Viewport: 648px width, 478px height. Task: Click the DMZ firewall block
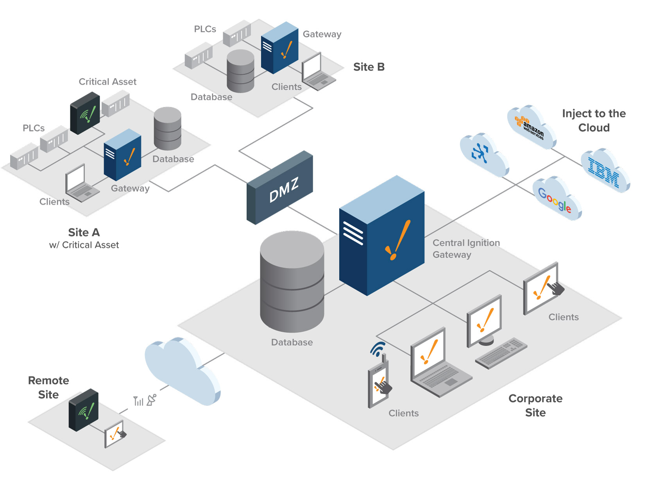280,188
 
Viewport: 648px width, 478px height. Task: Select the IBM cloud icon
604,171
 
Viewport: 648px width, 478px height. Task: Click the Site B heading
369,67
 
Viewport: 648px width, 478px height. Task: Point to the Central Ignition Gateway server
382,237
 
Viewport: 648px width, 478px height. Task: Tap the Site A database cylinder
168,128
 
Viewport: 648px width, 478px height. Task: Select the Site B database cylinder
240,71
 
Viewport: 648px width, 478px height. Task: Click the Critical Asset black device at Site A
85,113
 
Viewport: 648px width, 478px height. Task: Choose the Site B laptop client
317,72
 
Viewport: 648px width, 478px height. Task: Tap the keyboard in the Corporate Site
501,353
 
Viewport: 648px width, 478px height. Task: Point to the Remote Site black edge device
83,410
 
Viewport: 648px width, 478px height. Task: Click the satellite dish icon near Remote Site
151,400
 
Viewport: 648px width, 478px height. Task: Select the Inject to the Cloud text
594,120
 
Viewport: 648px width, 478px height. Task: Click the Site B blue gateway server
279,48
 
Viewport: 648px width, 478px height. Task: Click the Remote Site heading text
48,387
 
